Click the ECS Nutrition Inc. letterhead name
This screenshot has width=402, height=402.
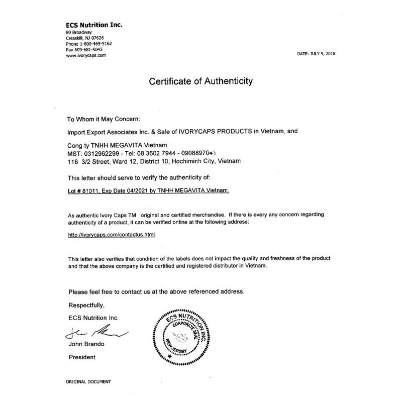93,25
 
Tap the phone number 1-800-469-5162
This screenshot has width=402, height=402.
96,44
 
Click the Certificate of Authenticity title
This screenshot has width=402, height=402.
200,81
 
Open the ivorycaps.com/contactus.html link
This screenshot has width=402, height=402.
112,235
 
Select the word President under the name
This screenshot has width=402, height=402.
81,357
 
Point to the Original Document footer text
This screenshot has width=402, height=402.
88,382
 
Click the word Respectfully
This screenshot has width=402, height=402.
86,305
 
